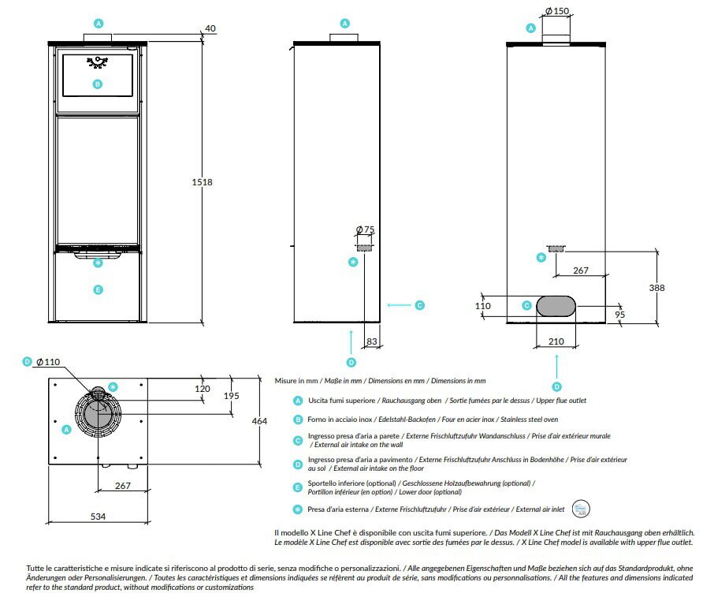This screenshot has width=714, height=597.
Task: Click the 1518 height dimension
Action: (x=202, y=182)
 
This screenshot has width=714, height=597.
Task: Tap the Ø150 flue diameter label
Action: (x=557, y=11)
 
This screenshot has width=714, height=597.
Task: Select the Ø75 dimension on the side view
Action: (x=365, y=229)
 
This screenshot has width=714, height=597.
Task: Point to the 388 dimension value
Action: (x=656, y=288)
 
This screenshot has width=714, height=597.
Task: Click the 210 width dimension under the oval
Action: (x=556, y=341)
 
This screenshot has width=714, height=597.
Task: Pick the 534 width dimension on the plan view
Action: (x=98, y=517)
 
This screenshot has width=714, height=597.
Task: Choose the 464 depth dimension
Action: (x=259, y=421)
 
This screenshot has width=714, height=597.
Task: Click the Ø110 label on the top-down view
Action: (x=48, y=362)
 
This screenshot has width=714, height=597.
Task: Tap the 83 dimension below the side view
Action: (x=372, y=341)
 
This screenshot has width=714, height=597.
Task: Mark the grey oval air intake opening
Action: (x=556, y=306)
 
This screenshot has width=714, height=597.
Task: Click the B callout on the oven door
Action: (x=98, y=84)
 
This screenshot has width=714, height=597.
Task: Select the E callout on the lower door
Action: (x=98, y=290)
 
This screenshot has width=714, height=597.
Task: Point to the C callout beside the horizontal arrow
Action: (x=420, y=305)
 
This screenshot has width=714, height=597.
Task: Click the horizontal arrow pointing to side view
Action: (x=399, y=305)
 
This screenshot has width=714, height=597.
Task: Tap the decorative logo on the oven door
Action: (x=98, y=62)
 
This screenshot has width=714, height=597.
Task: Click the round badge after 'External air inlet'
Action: (x=581, y=509)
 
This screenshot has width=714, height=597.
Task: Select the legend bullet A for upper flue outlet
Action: (x=298, y=401)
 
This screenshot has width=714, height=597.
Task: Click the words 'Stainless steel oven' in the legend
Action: (x=529, y=420)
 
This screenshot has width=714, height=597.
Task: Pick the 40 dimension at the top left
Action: (x=210, y=28)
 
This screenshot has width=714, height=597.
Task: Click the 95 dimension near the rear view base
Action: (x=619, y=315)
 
